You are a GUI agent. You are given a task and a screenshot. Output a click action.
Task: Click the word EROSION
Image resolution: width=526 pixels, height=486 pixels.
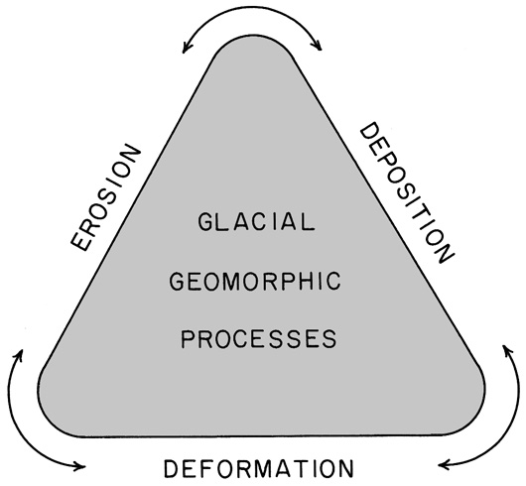pyautogui.click(x=105, y=197)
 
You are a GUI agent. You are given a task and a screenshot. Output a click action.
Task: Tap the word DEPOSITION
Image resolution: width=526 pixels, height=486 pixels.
pyautogui.click(x=407, y=192)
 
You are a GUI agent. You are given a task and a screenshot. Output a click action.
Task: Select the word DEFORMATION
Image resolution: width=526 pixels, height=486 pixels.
pyautogui.click(x=259, y=468)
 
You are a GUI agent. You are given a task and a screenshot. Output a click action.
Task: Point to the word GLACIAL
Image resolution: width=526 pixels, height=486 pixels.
pyautogui.click(x=256, y=221)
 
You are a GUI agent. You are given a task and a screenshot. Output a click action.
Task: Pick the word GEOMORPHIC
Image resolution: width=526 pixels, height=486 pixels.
pyautogui.click(x=255, y=281)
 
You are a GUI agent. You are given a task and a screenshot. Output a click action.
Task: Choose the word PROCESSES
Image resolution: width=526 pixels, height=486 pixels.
pyautogui.click(x=259, y=339)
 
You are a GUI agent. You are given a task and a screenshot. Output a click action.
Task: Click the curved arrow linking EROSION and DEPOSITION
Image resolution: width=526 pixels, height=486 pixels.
pyautogui.click(x=252, y=6)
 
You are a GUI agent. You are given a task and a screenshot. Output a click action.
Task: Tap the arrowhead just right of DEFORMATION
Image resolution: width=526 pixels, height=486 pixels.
pyautogui.click(x=442, y=465)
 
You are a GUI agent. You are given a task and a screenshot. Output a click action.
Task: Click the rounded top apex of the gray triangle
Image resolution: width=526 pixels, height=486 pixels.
pyautogui.click(x=252, y=35)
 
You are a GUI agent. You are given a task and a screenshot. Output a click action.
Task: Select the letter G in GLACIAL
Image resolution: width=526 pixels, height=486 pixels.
pyautogui.click(x=205, y=221)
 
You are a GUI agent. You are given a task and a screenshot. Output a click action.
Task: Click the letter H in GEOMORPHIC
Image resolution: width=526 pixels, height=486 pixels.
pyautogui.click(x=314, y=281)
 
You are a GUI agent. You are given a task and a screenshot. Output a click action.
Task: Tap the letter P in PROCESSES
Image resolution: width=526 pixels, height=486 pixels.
pyautogui.click(x=188, y=339)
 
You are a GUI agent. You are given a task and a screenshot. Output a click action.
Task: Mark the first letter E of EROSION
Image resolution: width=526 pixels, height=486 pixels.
pyautogui.click(x=80, y=241)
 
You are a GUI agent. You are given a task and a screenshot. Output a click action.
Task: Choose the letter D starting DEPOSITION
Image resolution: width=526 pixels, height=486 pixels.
pyautogui.click(x=369, y=132)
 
